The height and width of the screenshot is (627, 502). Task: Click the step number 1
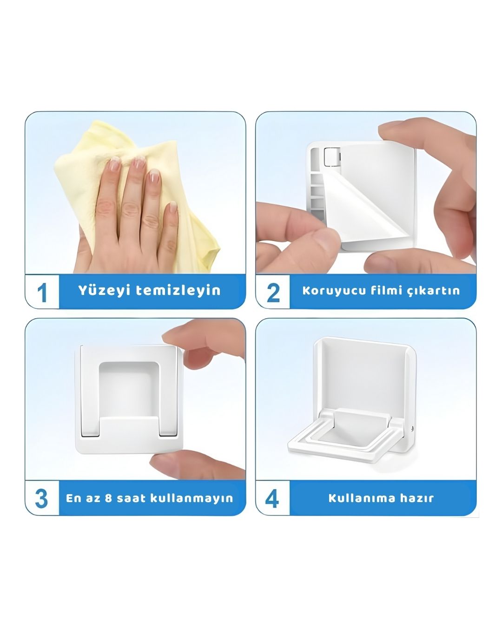coord(42,292)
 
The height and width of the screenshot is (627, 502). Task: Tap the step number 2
coord(273,292)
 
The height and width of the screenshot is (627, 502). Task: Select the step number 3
coord(41,498)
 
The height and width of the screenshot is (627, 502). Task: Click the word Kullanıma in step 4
coord(362,498)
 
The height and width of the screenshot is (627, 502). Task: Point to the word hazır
coord(417,498)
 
